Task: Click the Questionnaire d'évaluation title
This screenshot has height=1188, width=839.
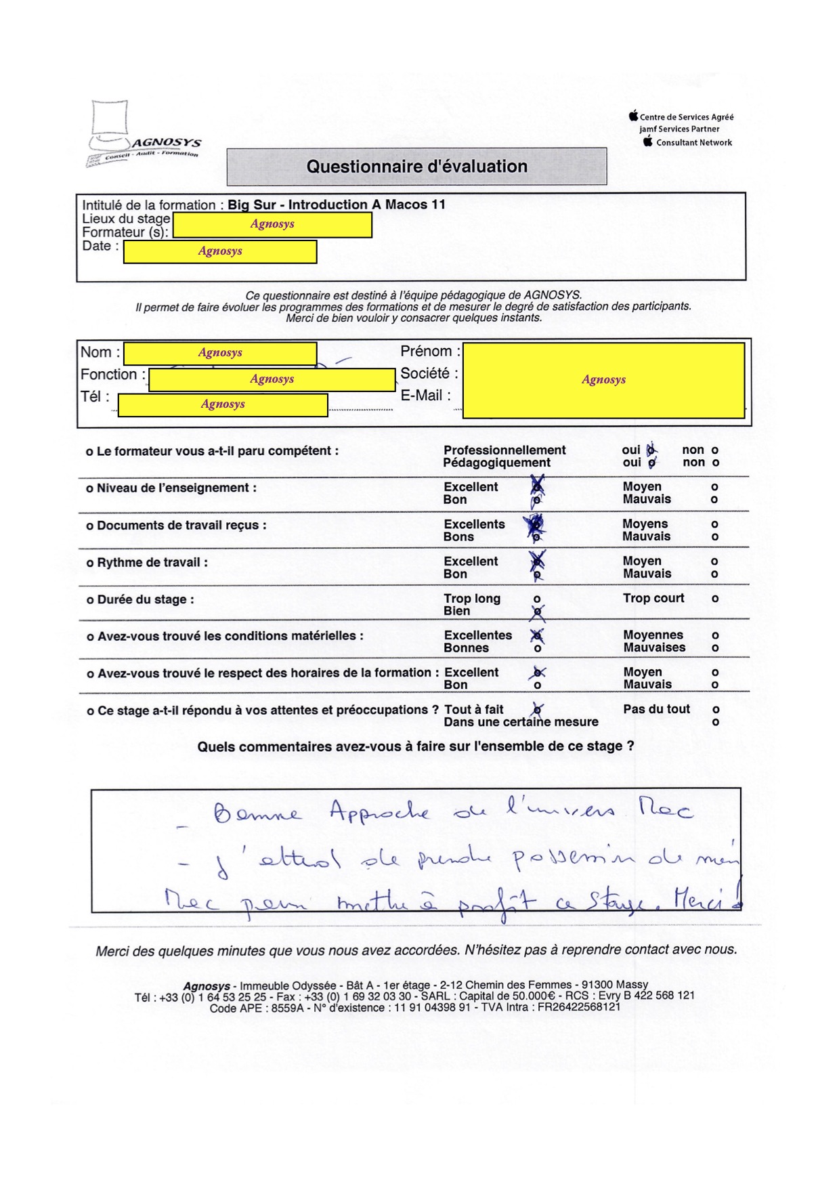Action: tap(416, 167)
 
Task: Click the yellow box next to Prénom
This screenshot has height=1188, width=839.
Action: tap(603, 380)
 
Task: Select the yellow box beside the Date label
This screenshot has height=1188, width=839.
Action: tap(220, 251)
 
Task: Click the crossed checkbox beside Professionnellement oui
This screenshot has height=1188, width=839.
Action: tap(651, 450)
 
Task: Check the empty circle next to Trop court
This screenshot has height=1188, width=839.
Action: tap(715, 599)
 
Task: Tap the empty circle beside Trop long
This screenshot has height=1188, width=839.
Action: tap(537, 599)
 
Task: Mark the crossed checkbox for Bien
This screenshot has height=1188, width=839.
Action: tap(538, 612)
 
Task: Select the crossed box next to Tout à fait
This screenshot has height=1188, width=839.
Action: tap(537, 710)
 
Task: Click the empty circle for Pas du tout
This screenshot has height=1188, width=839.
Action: tap(716, 710)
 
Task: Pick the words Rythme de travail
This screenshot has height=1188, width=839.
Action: tap(152, 563)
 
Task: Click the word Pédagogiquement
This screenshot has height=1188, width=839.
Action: tap(496, 463)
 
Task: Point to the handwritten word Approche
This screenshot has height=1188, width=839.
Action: tap(379, 811)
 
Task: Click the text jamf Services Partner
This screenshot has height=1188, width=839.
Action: tap(679, 129)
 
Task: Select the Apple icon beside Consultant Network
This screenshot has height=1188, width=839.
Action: tap(648, 142)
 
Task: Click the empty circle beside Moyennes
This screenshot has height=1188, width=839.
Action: tap(715, 636)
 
